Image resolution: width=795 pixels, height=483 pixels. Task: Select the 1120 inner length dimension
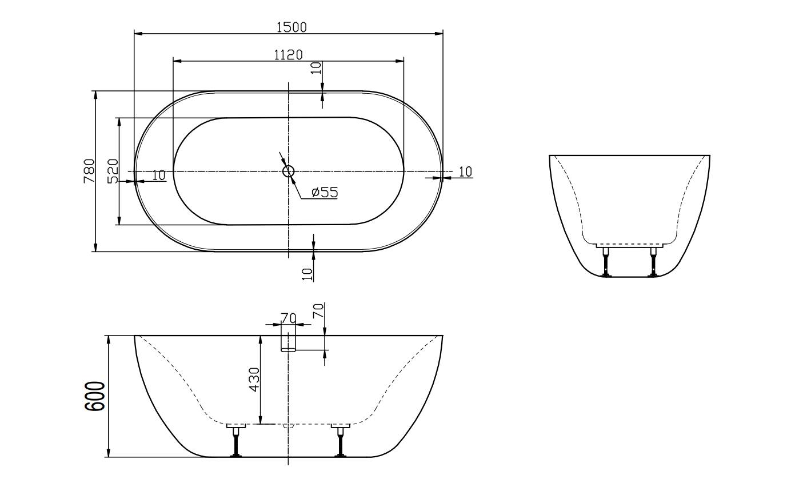[x=288, y=54]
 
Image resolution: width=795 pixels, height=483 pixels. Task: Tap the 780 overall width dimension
[x=89, y=171]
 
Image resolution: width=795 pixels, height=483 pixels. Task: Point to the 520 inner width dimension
[x=113, y=171]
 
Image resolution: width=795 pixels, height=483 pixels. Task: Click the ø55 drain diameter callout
[x=325, y=193]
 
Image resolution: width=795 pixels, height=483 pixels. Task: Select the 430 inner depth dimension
[x=254, y=379]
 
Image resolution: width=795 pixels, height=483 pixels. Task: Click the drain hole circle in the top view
[x=288, y=171]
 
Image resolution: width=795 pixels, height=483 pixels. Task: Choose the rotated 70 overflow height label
[x=318, y=312]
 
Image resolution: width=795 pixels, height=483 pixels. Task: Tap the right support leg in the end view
[x=653, y=262]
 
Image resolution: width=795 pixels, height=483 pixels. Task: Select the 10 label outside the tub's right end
[x=465, y=171]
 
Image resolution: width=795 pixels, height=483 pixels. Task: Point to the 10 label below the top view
[x=308, y=274]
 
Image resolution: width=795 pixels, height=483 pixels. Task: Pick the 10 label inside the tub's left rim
[x=159, y=175]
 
